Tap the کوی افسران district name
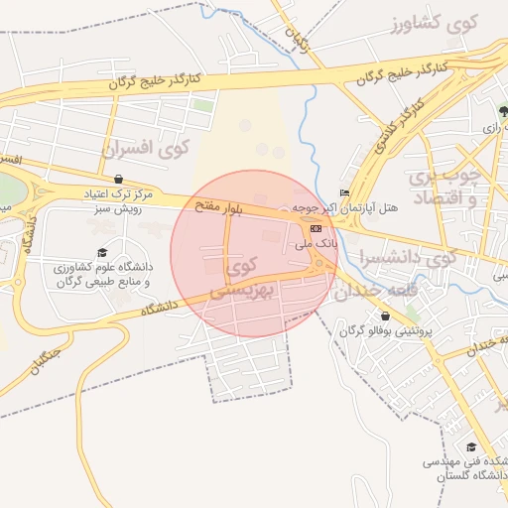145,149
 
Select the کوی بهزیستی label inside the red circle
241,278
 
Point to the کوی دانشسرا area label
408,256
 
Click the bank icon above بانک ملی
316,229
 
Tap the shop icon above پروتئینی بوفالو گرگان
385,316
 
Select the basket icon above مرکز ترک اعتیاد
119,179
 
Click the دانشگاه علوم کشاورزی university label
103,275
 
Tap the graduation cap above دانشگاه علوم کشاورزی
102,253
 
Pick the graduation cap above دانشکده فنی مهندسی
470,446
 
